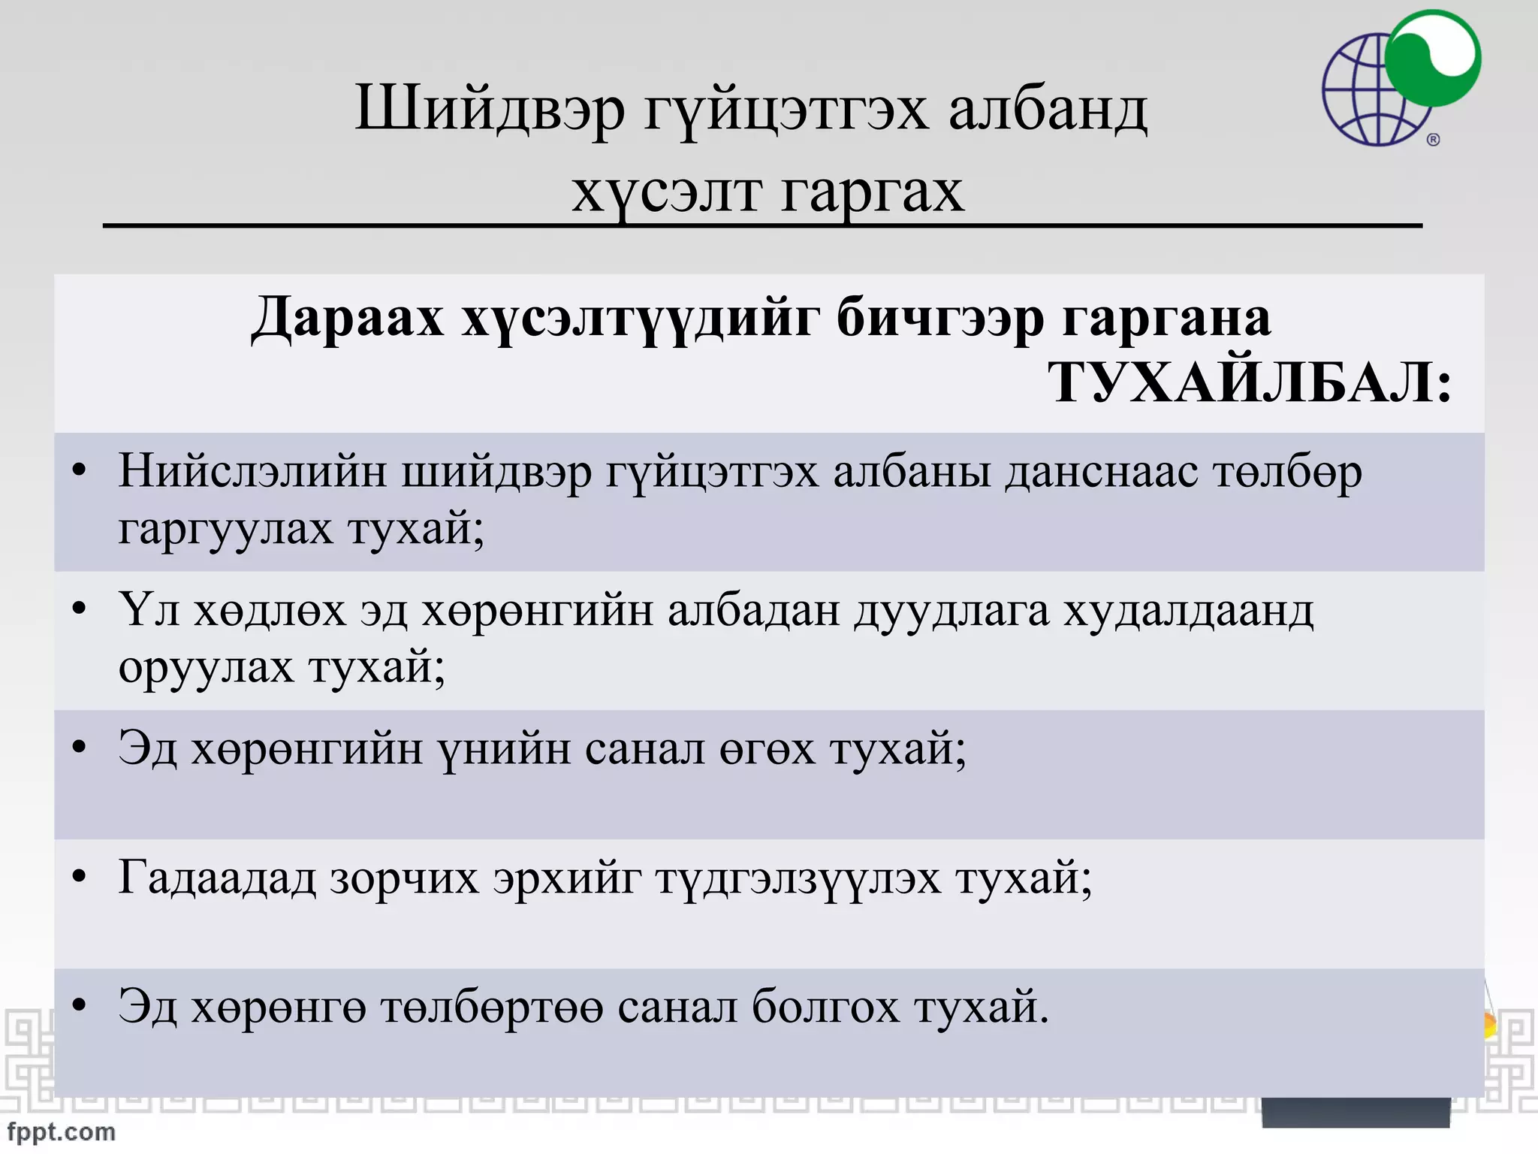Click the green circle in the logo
tap(1433, 59)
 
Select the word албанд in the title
tap(1048, 110)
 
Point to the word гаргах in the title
tap(871, 192)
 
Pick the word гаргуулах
tap(225, 529)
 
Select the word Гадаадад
tap(217, 878)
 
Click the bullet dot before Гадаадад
tap(80, 877)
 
